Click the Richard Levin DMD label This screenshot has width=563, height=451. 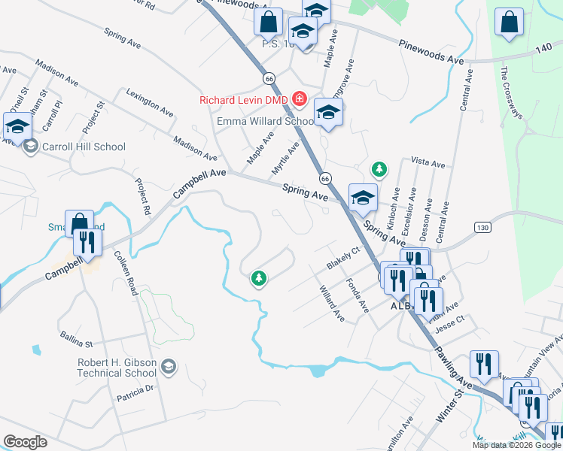(244, 100)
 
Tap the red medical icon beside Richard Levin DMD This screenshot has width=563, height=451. (300, 99)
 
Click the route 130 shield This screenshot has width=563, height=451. (482, 227)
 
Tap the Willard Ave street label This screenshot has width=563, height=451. (331, 304)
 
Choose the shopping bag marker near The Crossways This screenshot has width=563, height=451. (509, 23)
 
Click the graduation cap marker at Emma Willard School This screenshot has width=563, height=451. (328, 113)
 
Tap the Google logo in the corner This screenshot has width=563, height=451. (25, 442)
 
